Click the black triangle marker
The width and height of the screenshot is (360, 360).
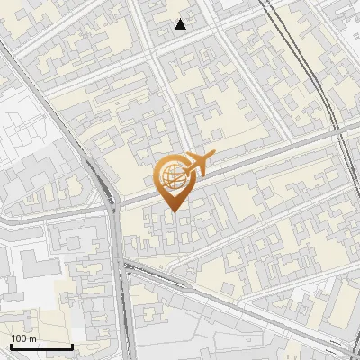coord(181,24)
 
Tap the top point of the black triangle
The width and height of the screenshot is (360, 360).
coord(181,19)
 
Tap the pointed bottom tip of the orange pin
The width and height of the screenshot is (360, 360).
coord(173,211)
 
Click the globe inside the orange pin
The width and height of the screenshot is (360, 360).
coord(173,177)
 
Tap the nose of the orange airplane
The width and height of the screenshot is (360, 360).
coord(213,156)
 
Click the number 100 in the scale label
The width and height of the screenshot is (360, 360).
coord(18,338)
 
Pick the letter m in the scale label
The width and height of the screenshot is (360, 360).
coord(31,338)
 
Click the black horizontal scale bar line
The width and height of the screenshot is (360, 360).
coord(41,346)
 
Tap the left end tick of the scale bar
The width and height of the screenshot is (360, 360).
coord(11,345)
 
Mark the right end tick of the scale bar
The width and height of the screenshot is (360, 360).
coord(72,345)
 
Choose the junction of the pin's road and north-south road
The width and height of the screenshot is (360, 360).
coord(111,200)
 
